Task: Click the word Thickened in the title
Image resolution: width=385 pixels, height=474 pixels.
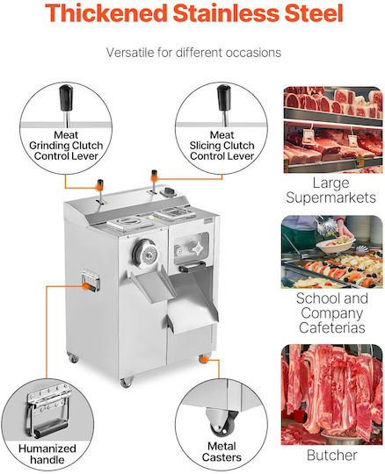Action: coord(106,13)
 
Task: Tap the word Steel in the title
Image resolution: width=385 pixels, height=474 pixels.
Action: coord(314,13)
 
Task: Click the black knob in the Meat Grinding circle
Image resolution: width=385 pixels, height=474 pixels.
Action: coord(66,98)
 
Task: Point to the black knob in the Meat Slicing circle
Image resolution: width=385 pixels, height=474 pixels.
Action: coord(223,98)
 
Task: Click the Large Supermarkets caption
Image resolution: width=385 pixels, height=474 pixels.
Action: coord(331,190)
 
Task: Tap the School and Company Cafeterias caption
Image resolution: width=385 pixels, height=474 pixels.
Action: coord(332,312)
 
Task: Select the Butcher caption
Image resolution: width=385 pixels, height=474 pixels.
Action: coord(331,456)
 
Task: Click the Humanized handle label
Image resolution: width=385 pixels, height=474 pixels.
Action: coord(47,454)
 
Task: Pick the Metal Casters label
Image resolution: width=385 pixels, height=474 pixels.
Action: coord(222,452)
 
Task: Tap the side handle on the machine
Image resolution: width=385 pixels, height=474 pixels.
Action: coord(91,280)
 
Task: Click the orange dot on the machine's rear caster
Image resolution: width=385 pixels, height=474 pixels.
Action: coord(205,359)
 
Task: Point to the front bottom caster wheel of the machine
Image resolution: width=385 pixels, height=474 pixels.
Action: coord(127,383)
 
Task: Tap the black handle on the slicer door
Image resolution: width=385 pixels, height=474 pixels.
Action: coord(192,267)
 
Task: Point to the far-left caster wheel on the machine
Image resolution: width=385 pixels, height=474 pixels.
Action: coord(73,358)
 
